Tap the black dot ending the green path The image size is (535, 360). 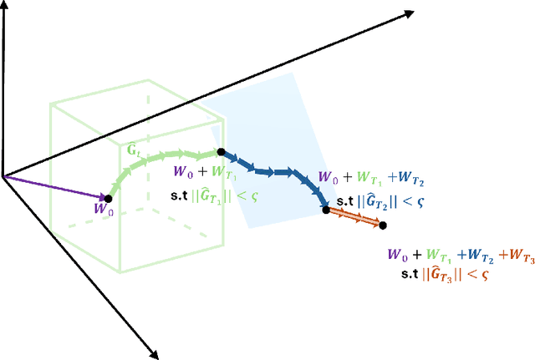click(221, 152)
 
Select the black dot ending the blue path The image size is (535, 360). click(326, 210)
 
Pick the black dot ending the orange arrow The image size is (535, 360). click(383, 225)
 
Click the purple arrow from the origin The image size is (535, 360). click(54, 187)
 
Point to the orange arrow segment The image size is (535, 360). click(354, 217)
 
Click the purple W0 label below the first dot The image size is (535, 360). click(103, 211)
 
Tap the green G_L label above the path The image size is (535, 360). click(133, 149)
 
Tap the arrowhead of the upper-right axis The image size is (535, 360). click(409, 13)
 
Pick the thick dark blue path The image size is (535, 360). click(276, 173)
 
